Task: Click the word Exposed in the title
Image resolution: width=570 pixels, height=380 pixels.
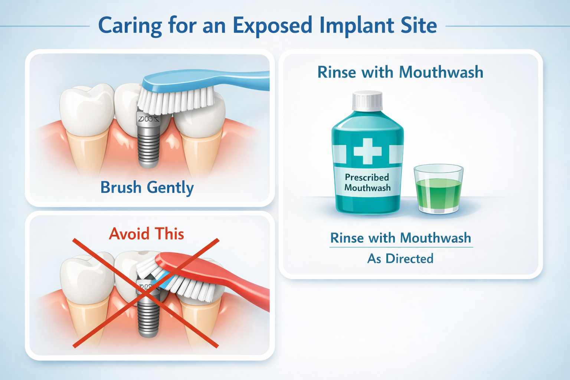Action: click(x=272, y=26)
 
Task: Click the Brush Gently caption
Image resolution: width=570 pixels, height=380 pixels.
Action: click(x=147, y=187)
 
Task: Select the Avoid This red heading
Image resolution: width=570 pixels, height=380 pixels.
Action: click(x=147, y=234)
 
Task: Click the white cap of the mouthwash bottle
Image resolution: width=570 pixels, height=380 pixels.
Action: click(x=367, y=101)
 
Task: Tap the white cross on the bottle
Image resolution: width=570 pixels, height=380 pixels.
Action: click(x=367, y=151)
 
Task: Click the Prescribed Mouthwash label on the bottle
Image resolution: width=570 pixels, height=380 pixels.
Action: click(x=367, y=183)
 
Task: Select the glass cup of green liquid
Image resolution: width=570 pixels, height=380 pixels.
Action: click(x=438, y=189)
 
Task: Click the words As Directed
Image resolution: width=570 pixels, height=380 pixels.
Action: click(x=400, y=259)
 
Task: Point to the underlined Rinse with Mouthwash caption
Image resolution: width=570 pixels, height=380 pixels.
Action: click(x=400, y=238)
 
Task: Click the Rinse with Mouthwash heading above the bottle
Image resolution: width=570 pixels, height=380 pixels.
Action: click(x=400, y=72)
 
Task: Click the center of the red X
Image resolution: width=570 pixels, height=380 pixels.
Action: click(x=146, y=293)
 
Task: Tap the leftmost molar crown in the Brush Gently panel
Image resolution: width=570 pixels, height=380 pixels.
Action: click(x=87, y=109)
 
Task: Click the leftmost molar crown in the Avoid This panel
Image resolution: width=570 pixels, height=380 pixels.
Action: click(x=87, y=276)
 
